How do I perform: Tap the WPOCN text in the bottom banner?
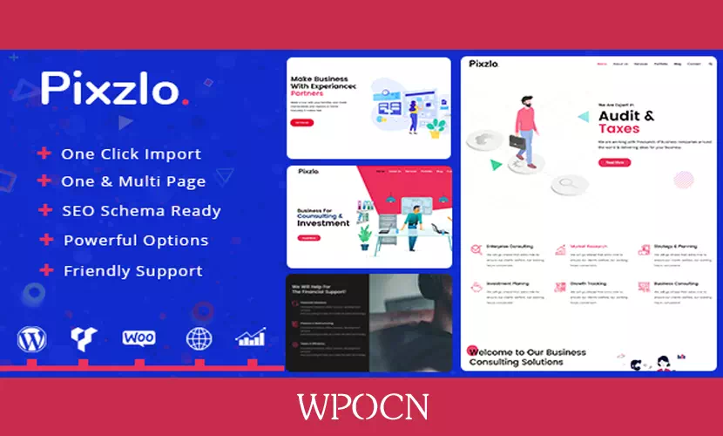point(361,407)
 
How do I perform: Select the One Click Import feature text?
point(131,154)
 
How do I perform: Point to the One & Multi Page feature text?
point(133,182)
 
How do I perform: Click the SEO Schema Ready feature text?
point(141,211)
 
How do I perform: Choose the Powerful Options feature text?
point(136,240)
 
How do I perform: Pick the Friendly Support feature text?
point(132,271)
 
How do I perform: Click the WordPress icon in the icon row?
point(31,338)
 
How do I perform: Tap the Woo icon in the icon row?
point(139,337)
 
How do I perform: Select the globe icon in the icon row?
point(199,338)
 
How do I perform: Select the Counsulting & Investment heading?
point(324,219)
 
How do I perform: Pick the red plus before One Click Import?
point(44,154)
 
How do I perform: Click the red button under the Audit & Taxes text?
point(612,162)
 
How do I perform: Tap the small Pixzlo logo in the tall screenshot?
point(483,64)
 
